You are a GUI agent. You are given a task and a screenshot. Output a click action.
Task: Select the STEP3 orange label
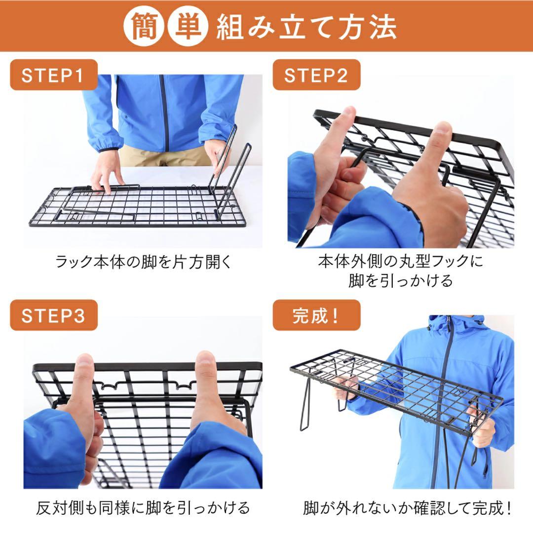[53, 315]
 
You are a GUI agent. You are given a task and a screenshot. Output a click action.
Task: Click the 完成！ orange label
[316, 315]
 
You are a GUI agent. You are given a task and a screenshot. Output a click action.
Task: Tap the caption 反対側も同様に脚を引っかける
[143, 508]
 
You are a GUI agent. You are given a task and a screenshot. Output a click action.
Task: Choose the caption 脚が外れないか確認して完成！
[408, 508]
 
